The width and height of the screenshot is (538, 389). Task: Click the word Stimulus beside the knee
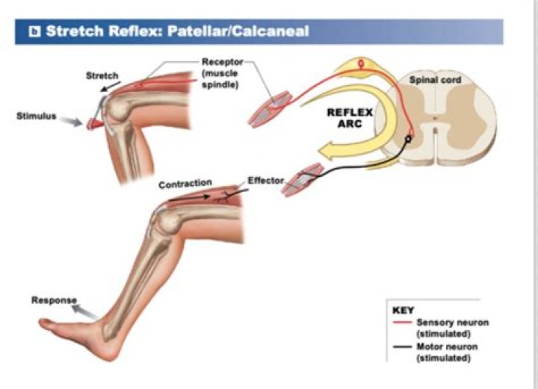click(37, 116)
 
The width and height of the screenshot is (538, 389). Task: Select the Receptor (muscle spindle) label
click(221, 73)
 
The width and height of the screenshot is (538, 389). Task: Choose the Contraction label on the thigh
click(185, 182)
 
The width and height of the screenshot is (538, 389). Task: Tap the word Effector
click(265, 181)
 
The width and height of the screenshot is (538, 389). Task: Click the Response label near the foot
click(54, 300)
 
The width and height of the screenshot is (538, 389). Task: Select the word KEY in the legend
click(403, 309)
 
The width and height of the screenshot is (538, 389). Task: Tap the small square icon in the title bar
click(34, 31)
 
